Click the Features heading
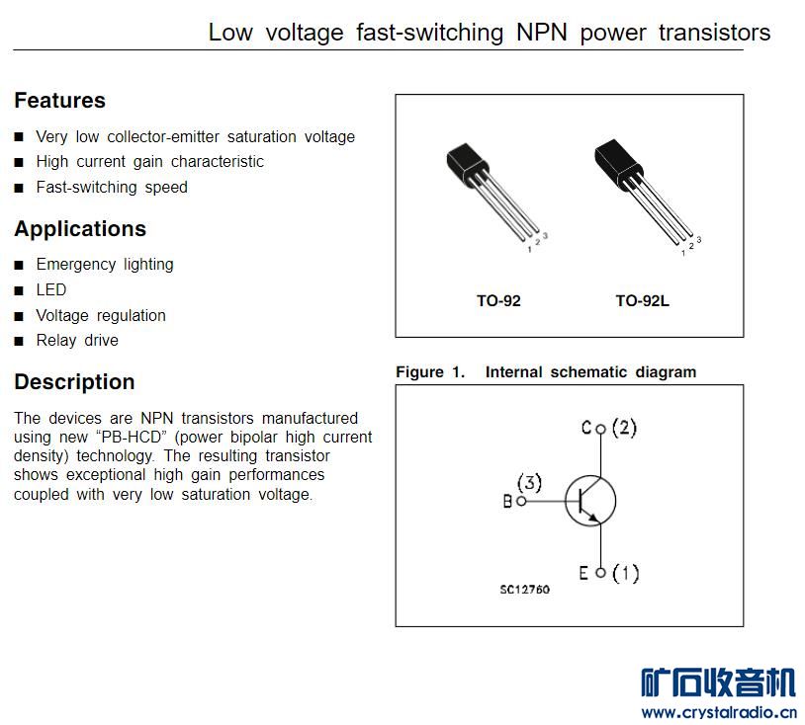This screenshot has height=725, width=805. [x=59, y=100]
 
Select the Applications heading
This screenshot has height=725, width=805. [x=80, y=229]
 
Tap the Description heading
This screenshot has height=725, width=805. [x=74, y=382]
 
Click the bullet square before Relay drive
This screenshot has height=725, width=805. [x=19, y=341]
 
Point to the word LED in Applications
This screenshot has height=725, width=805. [x=51, y=289]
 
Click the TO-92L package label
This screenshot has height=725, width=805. [x=642, y=300]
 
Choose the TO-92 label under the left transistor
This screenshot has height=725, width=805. [x=498, y=300]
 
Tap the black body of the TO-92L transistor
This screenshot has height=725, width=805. [x=618, y=163]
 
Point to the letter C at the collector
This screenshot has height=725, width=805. [x=586, y=427]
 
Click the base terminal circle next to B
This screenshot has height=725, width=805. [x=521, y=501]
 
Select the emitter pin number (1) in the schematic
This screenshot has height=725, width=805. [x=626, y=573]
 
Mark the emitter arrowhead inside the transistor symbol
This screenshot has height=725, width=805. [x=593, y=518]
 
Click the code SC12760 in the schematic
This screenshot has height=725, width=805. [x=525, y=590]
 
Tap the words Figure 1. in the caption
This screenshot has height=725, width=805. [x=430, y=371]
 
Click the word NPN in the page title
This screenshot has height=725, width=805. [x=542, y=33]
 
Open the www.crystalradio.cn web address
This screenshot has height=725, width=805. [x=719, y=713]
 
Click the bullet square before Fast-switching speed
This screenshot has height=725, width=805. [x=19, y=188]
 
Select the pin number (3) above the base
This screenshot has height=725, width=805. [x=529, y=482]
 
